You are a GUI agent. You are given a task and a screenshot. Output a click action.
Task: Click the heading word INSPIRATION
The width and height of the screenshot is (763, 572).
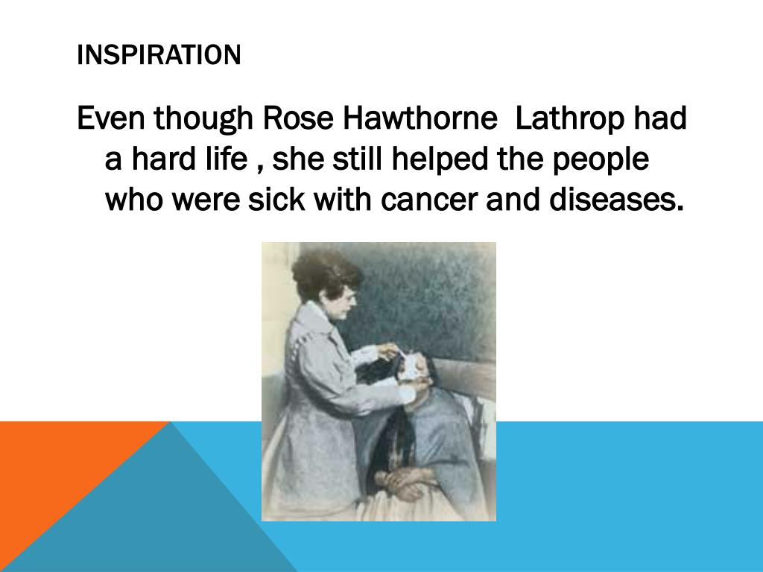click(x=159, y=55)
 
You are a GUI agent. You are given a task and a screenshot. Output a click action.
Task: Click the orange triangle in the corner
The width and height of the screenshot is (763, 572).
click(x=52, y=469)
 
